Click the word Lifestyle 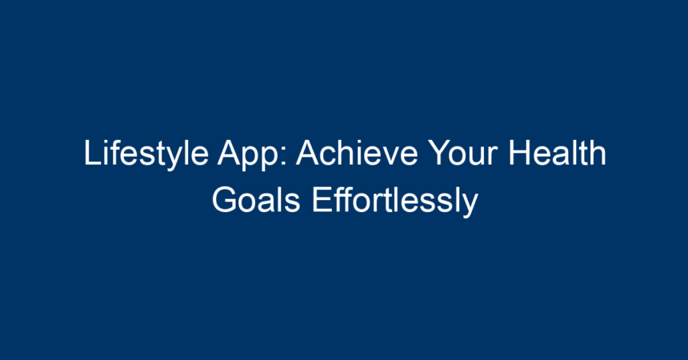click(146, 154)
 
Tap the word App click(252, 154)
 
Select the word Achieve click(357, 152)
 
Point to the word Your click(463, 152)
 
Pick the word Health click(558, 152)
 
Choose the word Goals click(256, 199)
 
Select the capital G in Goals click(225, 199)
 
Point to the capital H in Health click(519, 152)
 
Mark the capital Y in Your click(439, 152)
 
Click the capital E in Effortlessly click(322, 199)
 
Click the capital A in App click(230, 152)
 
